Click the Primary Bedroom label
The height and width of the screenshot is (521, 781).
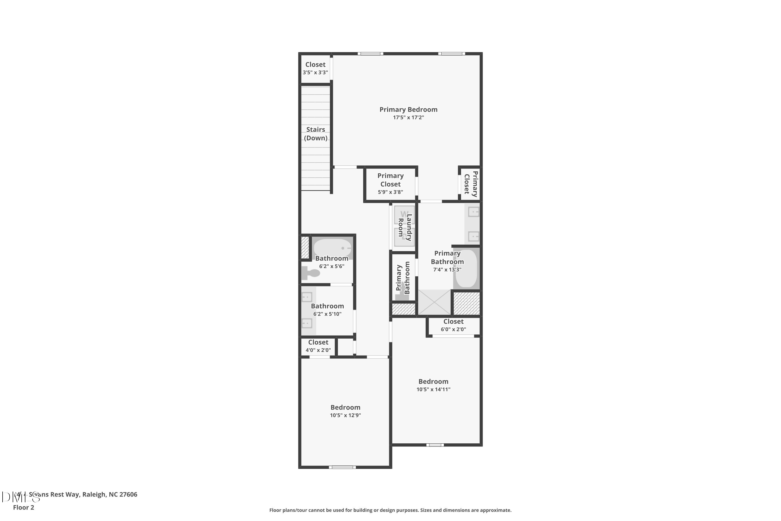pyautogui.click(x=408, y=109)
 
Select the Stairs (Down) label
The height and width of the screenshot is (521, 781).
pyautogui.click(x=316, y=134)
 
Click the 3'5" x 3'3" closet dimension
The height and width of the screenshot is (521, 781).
pyautogui.click(x=315, y=72)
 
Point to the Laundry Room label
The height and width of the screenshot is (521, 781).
pyautogui.click(x=405, y=227)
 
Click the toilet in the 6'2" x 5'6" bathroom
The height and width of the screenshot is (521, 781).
pyautogui.click(x=311, y=273)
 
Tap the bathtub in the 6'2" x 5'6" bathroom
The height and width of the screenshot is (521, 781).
pyautogui.click(x=332, y=248)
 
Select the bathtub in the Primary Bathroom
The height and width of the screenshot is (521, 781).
pyautogui.click(x=466, y=269)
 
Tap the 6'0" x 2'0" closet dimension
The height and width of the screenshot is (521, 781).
pyautogui.click(x=453, y=329)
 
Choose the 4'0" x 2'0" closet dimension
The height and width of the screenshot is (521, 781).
pyautogui.click(x=318, y=350)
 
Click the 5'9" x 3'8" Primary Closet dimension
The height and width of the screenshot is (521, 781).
pyautogui.click(x=390, y=192)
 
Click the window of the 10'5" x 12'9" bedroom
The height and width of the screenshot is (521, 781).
pyautogui.click(x=342, y=467)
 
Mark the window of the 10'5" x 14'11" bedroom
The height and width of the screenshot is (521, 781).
pyautogui.click(x=435, y=445)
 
